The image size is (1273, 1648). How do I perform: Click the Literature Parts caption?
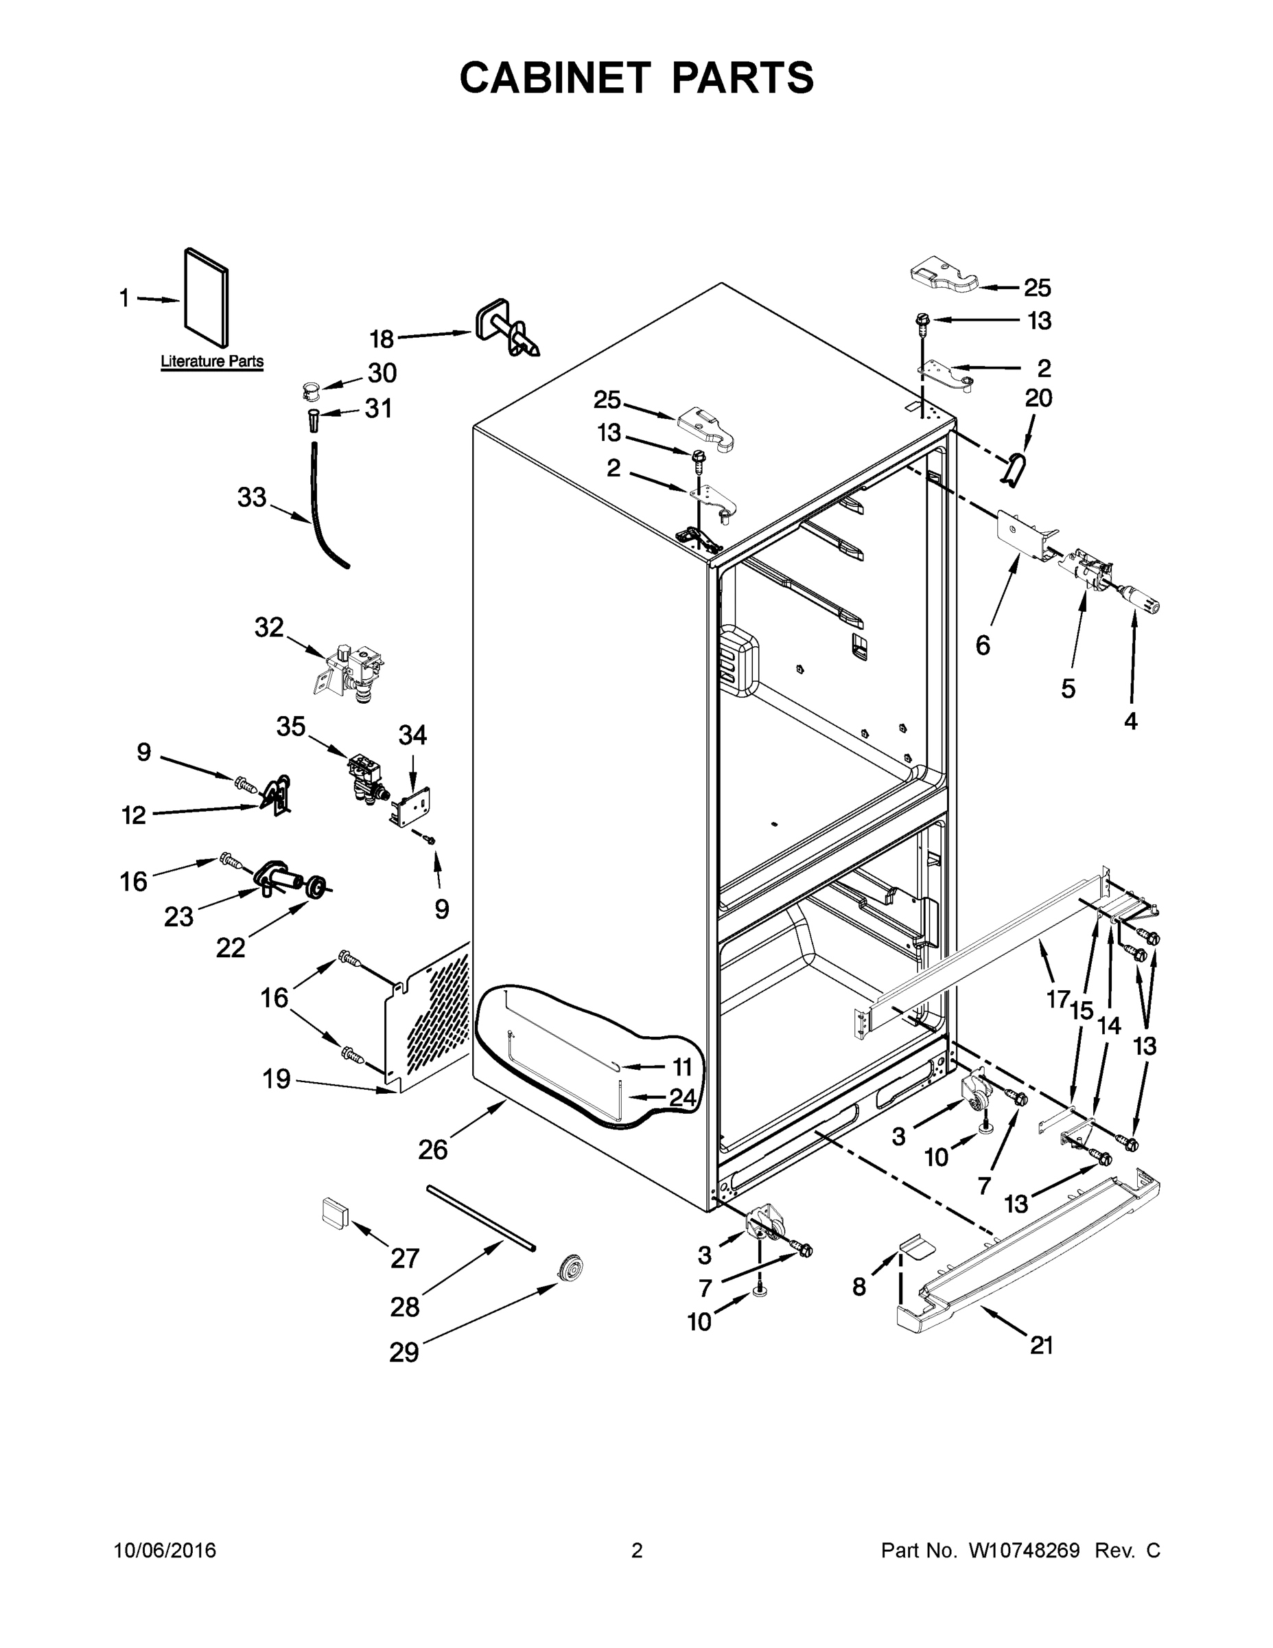point(212,361)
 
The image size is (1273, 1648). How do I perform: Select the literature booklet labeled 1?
point(206,300)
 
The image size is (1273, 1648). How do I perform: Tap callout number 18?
point(382,340)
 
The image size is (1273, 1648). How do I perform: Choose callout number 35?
point(290,726)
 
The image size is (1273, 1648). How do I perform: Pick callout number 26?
point(433,1149)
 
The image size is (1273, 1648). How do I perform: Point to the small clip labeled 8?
point(912,1246)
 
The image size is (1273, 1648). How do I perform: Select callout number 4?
point(1130,722)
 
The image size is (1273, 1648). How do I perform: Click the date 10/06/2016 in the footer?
point(165,1550)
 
